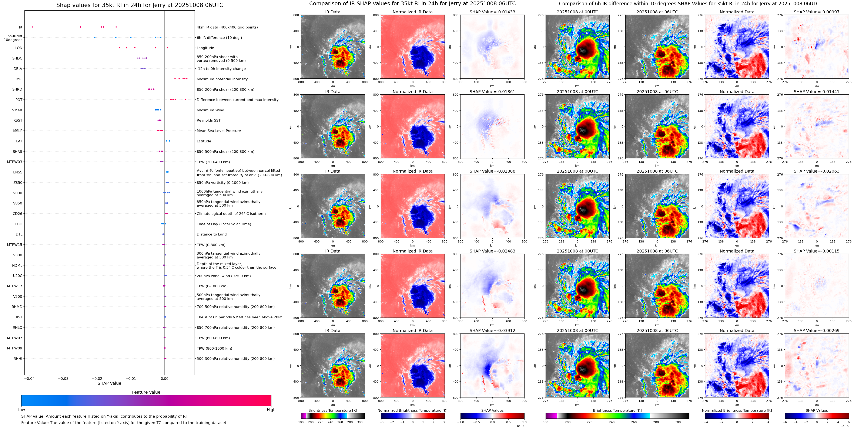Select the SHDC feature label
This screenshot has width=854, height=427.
coord(17,58)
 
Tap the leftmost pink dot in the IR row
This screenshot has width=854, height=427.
coord(32,27)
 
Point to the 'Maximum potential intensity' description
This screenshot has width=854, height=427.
coord(222,79)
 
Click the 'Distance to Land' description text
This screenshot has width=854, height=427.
coord(211,234)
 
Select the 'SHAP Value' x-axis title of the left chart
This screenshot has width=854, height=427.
coord(109,383)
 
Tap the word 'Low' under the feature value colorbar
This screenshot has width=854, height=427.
coord(21,410)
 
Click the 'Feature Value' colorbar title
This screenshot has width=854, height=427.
coord(146,392)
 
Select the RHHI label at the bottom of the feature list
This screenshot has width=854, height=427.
coord(18,358)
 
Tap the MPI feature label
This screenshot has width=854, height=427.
coord(19,79)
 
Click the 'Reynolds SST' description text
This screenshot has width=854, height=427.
coord(208,120)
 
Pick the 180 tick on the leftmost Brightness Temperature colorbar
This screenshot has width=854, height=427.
coord(301,422)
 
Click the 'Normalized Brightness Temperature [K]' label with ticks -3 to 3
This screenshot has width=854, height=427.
coord(412,410)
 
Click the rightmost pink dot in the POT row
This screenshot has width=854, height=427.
coord(186,99)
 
